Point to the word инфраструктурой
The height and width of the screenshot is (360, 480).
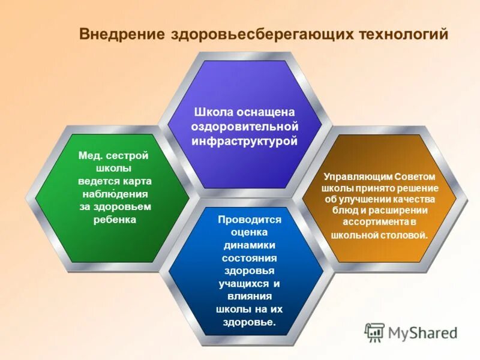(x=244, y=142)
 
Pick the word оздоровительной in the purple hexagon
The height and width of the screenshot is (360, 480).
(x=244, y=127)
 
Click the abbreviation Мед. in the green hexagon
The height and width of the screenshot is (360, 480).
(x=91, y=155)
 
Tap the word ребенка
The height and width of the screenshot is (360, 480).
(x=115, y=220)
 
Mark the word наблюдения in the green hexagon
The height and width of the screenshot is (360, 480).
(x=115, y=194)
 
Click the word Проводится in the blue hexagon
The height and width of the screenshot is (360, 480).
(x=250, y=220)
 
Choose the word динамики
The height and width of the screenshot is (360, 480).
(x=249, y=245)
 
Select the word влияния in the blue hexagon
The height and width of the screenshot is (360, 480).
(x=249, y=296)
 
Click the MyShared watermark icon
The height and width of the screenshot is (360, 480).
(x=374, y=332)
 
